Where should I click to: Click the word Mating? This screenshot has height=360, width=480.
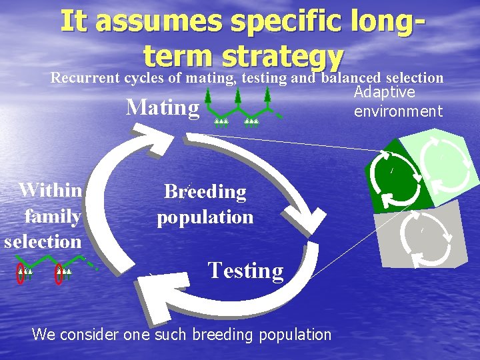tap(163, 107)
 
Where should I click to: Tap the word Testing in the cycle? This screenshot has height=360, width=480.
tap(245, 270)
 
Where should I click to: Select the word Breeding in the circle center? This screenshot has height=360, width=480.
tap(205, 192)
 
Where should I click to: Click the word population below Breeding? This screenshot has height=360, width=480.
tap(205, 217)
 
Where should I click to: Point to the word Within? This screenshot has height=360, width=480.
tap(51, 190)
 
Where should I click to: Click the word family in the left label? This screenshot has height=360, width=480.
tap(53, 216)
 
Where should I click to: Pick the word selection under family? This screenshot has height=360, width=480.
tap(43, 241)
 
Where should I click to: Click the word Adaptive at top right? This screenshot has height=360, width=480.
tap(385, 92)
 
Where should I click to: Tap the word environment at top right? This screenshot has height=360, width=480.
tap(398, 111)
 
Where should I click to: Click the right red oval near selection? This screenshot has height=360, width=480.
tap(59, 273)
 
